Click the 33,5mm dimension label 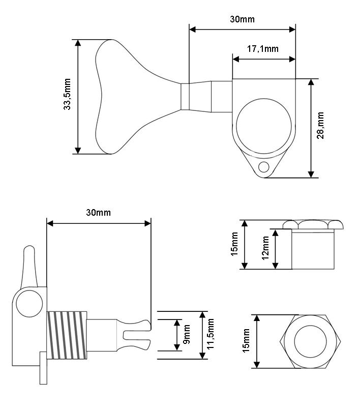67,94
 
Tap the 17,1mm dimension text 262,48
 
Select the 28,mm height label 320,125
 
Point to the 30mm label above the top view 242,19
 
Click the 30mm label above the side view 98,212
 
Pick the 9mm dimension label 187,334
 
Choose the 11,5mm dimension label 211,334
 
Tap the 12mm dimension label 265,248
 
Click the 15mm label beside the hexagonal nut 246,340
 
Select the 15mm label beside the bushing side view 234,244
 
